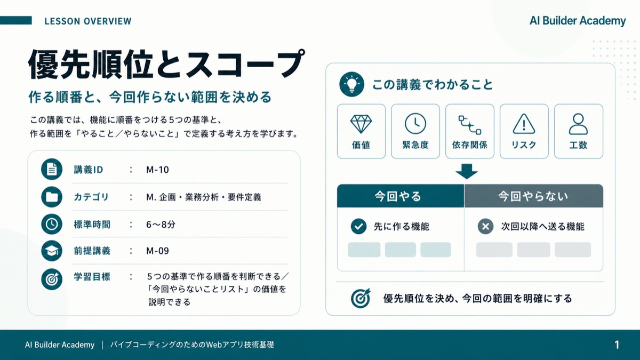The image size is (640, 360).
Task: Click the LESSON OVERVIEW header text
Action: tap(88, 21)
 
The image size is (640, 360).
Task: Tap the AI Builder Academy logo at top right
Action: tap(578, 21)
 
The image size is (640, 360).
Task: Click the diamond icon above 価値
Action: tap(361, 124)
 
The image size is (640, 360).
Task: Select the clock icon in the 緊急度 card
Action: tap(415, 124)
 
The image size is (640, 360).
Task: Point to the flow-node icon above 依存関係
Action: tap(470, 125)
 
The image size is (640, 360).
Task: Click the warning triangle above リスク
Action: tap(524, 124)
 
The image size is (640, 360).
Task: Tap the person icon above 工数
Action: tap(578, 124)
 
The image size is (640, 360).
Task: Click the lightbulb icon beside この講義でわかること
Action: tap(351, 84)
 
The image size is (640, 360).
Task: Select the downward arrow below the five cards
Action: tap(467, 171)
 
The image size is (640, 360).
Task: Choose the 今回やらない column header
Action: tap(534, 196)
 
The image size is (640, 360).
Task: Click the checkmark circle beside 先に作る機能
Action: tap(358, 227)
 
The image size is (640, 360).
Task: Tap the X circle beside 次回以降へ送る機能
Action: tap(485, 227)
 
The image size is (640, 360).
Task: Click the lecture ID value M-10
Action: tap(157, 170)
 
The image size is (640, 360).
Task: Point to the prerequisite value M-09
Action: tap(157, 251)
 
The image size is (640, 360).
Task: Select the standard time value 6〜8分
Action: tap(161, 225)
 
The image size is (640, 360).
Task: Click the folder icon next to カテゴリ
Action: tap(52, 197)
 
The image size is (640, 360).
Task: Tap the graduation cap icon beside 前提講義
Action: tap(52, 251)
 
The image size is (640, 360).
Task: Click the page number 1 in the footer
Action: tap(617, 345)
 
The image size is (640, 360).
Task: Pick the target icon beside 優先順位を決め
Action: tap(361, 298)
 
